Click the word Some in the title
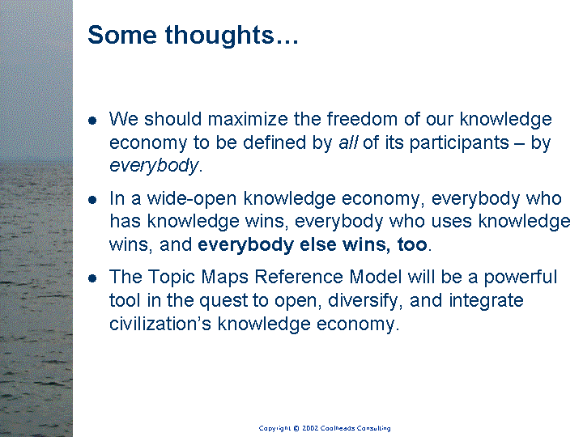[122, 35]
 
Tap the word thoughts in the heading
[219, 36]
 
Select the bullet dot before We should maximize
[92, 121]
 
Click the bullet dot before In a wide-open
[92, 200]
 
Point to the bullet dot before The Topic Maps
[92, 278]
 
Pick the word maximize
[248, 119]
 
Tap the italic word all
[348, 142]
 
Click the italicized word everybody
[154, 166]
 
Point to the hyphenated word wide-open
[192, 200]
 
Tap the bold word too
[412, 245]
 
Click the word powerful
[520, 278]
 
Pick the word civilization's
[160, 324]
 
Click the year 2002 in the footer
[309, 428]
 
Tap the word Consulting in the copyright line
[373, 428]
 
